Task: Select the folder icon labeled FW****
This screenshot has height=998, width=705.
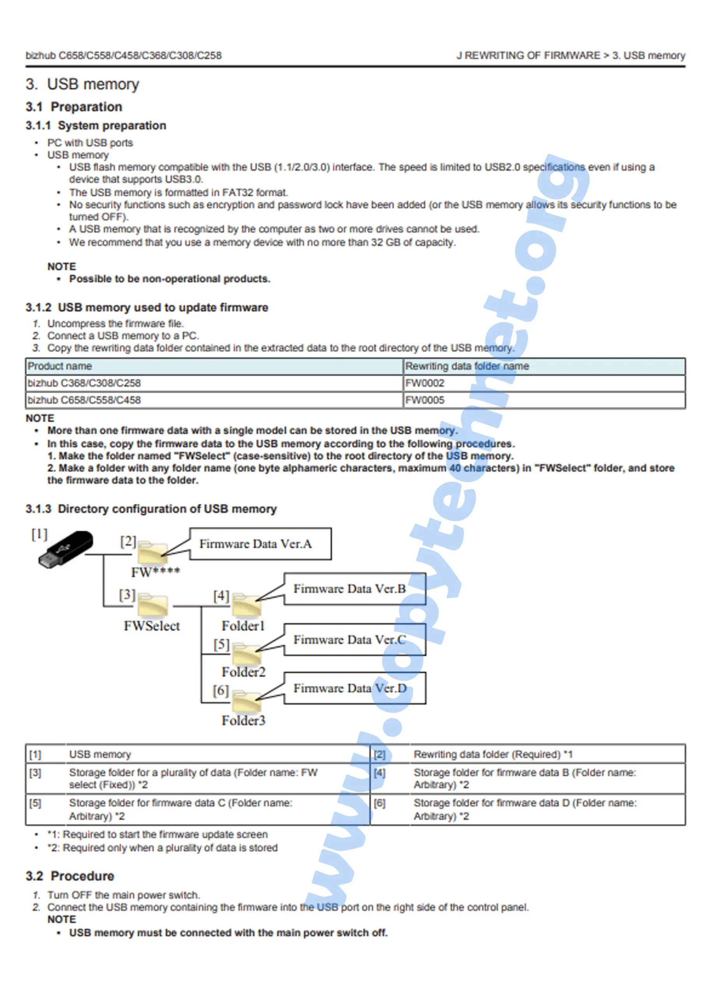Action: click(152, 553)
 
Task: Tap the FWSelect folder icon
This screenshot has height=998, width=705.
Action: click(152, 605)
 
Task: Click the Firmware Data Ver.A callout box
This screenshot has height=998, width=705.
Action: click(260, 544)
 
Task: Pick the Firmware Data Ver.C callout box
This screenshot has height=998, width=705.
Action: click(354, 639)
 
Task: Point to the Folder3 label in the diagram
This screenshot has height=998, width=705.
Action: click(243, 720)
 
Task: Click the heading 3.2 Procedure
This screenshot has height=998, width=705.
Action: click(70, 876)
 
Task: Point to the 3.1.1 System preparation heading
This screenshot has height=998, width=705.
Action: click(95, 126)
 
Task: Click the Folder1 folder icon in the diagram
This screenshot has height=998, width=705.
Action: click(246, 605)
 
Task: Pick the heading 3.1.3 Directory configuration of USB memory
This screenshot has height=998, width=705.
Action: click(151, 509)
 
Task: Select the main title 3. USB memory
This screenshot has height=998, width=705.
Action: click(83, 84)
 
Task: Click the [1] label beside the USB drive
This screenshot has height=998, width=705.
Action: click(39, 534)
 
